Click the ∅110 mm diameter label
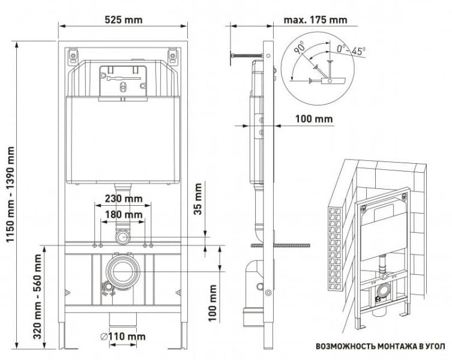tap(122, 337)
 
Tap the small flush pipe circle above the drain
tap(123, 236)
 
